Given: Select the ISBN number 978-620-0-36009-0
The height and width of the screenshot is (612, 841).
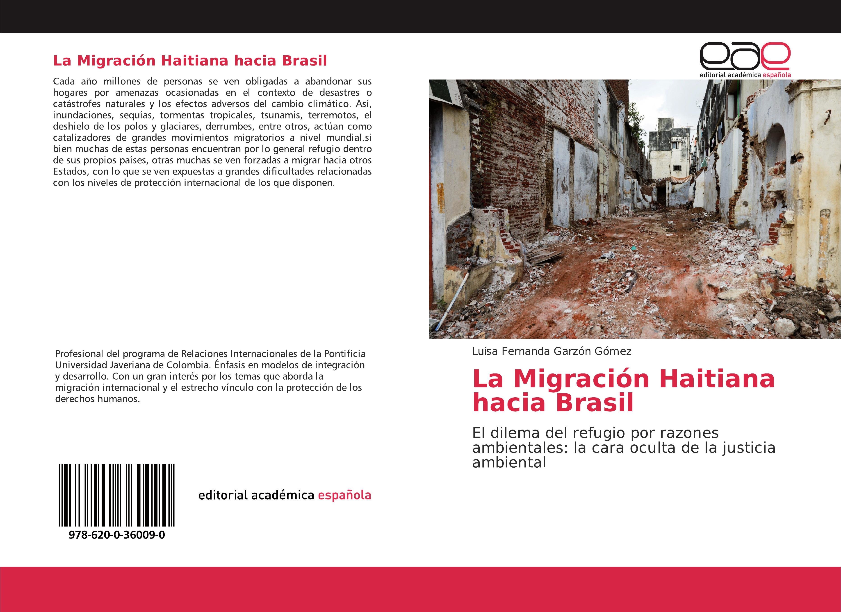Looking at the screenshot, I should pyautogui.click(x=117, y=535).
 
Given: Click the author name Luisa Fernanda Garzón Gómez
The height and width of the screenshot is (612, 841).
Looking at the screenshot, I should pyautogui.click(x=552, y=351).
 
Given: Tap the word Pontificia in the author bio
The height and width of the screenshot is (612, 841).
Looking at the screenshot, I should pyautogui.click(x=345, y=354).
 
